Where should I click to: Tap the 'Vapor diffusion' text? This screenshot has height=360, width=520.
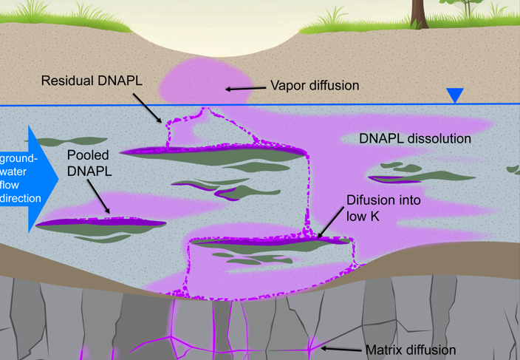(x=315, y=86)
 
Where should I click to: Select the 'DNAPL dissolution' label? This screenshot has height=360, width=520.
(x=414, y=138)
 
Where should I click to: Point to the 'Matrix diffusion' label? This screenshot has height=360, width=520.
(x=411, y=350)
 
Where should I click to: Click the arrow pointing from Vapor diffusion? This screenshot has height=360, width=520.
(x=244, y=89)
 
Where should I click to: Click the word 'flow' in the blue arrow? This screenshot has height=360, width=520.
(x=14, y=185)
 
